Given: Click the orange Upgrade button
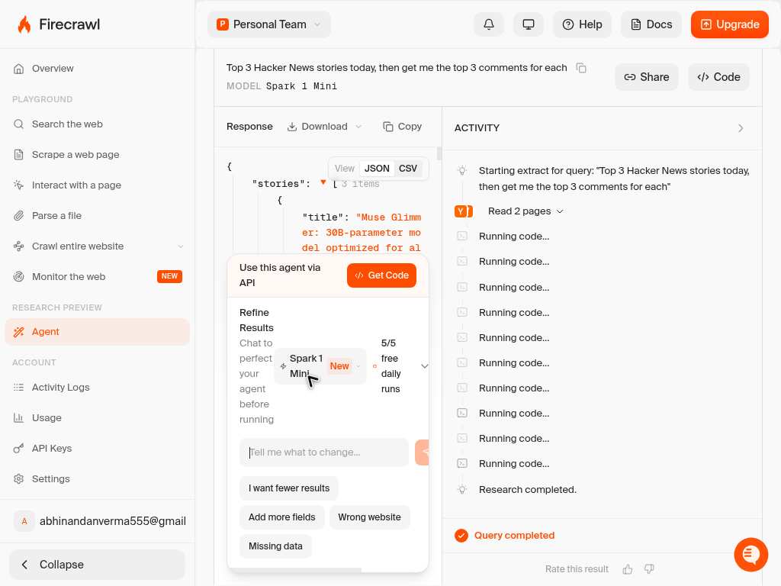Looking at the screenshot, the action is coord(729,24).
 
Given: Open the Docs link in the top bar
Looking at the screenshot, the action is coord(651,24).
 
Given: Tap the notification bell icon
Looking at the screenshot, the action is coord(489,24).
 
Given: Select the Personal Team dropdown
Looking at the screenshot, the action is coord(269,24).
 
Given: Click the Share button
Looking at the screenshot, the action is coord(647,77).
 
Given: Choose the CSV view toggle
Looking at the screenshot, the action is coord(408,169).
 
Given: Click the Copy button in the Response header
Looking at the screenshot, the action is coord(403,127).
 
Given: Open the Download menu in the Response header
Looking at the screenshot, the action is coord(324,127).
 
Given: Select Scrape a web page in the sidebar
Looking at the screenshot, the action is coord(76,154).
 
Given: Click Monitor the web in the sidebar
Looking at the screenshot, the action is coord(69,276).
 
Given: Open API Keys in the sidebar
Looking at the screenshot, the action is coord(52,449).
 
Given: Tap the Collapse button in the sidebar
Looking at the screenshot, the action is coord(97,565).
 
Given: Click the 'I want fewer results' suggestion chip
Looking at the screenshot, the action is coord(289,488).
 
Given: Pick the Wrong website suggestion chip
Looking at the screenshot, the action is coord(369,517).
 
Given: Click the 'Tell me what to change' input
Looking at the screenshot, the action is coord(323,452).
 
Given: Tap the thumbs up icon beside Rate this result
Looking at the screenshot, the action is coord(628,569).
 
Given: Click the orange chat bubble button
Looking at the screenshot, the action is coord(750,554).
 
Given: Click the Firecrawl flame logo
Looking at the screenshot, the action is coord(24,24).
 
